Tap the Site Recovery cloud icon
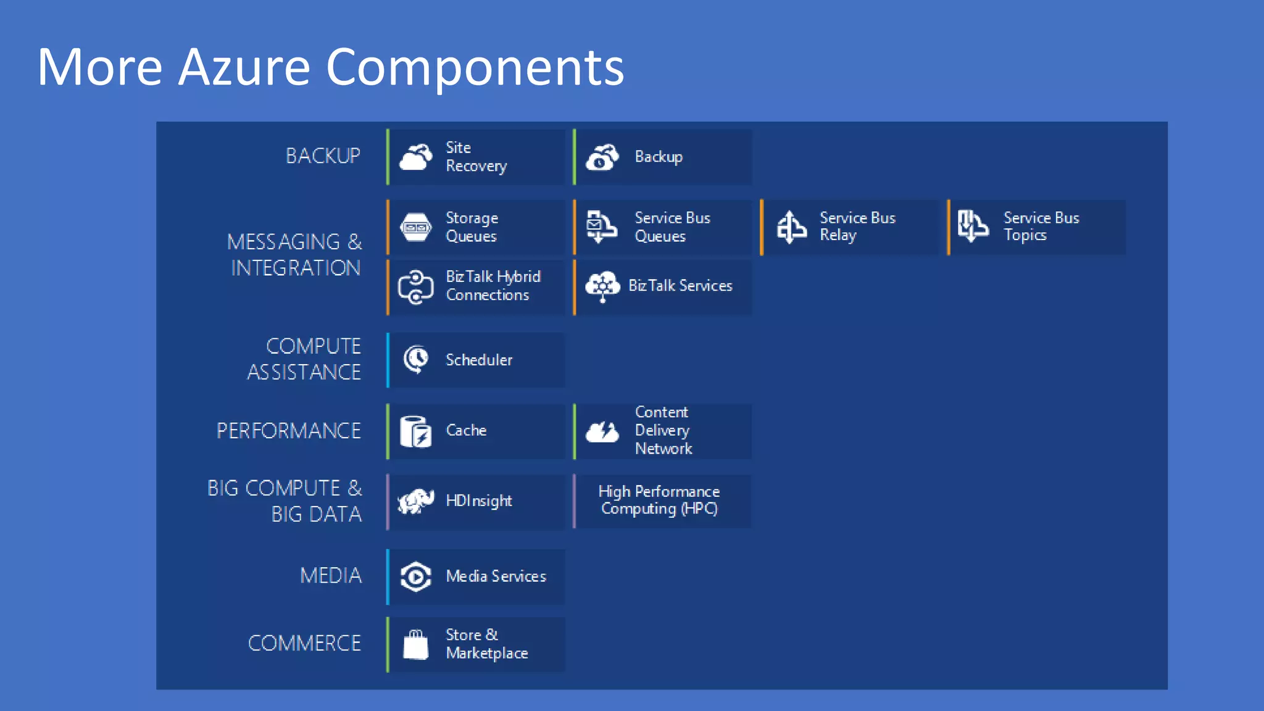point(415,157)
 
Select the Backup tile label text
point(659,157)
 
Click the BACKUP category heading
point(323,156)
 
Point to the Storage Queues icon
point(415,227)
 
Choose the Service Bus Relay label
point(857,227)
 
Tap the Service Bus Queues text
point(671,227)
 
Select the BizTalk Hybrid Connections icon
point(415,286)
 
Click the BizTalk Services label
point(680,286)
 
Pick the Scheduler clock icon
point(416,359)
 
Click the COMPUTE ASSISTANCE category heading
point(304,359)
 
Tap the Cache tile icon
point(415,431)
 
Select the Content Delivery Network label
point(663,430)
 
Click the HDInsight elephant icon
point(415,501)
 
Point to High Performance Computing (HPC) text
point(659,500)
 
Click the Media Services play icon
point(415,576)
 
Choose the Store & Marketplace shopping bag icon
point(415,644)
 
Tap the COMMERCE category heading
point(304,643)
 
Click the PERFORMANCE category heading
point(288,431)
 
